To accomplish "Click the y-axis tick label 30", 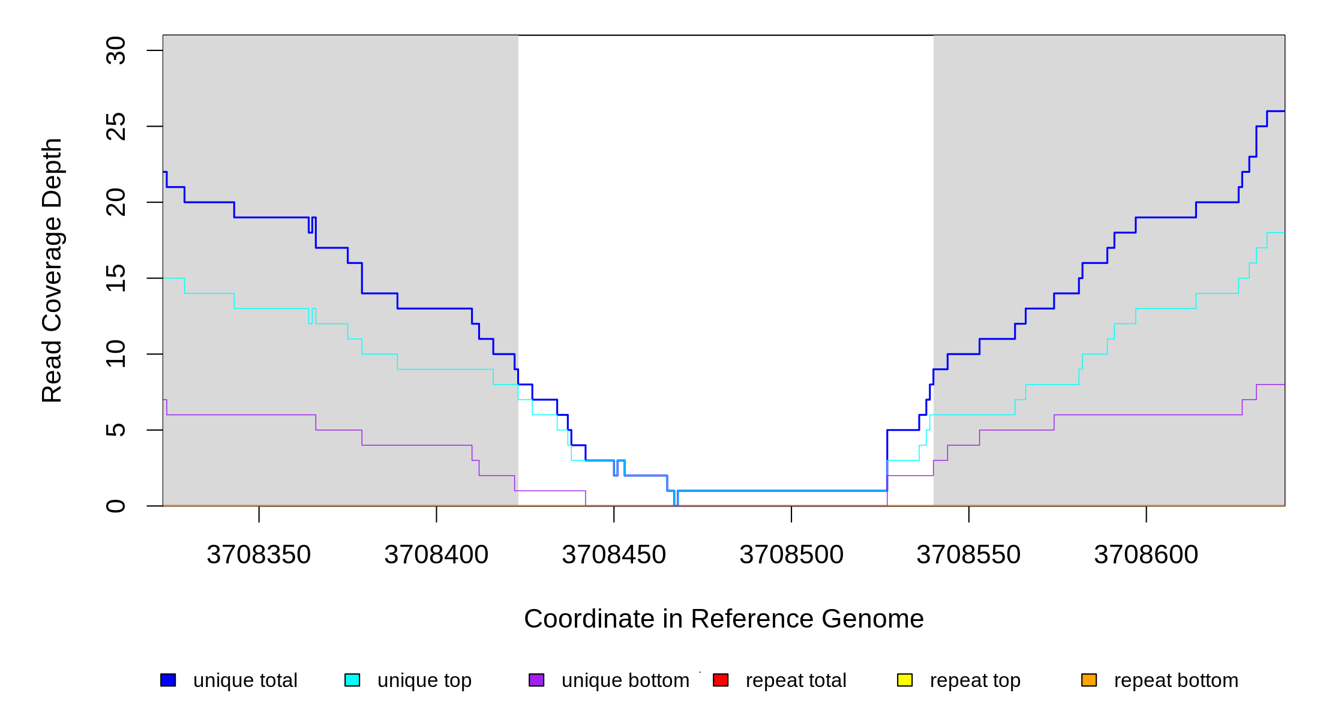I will click(115, 50).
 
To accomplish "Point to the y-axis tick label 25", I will click(115, 127).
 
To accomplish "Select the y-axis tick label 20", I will click(115, 202).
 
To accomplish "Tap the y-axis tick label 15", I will click(115, 278).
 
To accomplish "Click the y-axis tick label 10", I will click(115, 354).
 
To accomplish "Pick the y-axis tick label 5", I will click(115, 430).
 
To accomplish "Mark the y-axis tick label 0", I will click(115, 506).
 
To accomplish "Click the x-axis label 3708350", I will click(259, 555).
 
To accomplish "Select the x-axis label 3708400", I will click(436, 555).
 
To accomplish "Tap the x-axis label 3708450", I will click(614, 555).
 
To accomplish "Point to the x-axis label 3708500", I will click(791, 555).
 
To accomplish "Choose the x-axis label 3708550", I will click(968, 555).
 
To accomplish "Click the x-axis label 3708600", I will click(1146, 555).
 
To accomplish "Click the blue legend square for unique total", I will click(168, 680).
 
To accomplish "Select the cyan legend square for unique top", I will click(352, 680).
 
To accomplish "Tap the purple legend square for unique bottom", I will click(536, 680).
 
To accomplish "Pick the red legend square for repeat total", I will click(721, 680).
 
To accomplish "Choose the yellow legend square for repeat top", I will click(905, 680).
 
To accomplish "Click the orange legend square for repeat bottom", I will click(1089, 680).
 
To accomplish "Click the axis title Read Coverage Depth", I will click(52, 270).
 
